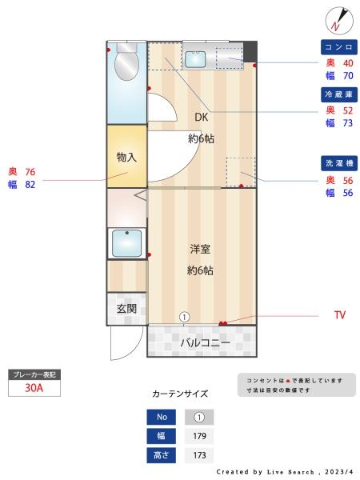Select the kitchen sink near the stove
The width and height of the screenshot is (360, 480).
[197, 58]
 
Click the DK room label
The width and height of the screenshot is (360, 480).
[201, 117]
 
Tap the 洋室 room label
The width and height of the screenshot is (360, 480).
[200, 249]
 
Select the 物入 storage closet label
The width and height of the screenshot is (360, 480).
[126, 157]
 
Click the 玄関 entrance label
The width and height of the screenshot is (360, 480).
[126, 308]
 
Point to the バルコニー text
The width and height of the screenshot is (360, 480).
[204, 343]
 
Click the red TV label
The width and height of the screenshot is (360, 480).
[340, 315]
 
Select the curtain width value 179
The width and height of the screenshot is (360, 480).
[199, 436]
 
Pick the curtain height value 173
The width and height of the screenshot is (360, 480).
[199, 455]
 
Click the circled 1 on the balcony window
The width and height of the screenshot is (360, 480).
[184, 317]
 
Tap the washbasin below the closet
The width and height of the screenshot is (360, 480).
[127, 242]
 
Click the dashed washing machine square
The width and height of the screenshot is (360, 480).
[240, 172]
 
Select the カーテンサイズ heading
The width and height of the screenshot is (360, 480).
[180, 394]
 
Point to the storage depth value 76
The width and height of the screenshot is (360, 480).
[30, 172]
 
